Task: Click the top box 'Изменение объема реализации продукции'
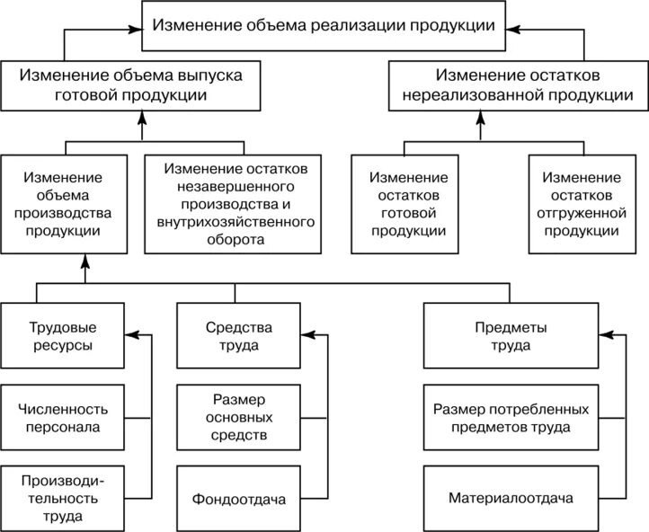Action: point(324,25)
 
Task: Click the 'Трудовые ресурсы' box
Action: point(62,336)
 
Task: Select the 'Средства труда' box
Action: point(236,336)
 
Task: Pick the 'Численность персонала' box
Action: point(62,419)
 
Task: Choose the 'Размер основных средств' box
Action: point(236,419)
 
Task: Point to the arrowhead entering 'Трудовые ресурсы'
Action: point(129,336)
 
